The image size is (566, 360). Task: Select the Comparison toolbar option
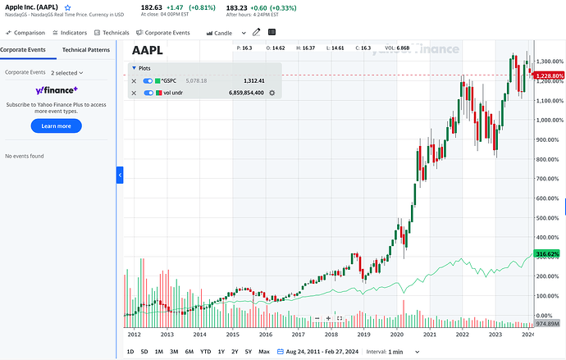pyautogui.click(x=26, y=33)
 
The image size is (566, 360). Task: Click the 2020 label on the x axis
pyautogui.click(x=396, y=335)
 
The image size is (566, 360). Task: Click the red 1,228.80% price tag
pyautogui.click(x=547, y=75)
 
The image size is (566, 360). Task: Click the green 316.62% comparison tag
pyautogui.click(x=546, y=254)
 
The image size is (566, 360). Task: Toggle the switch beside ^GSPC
pyautogui.click(x=148, y=81)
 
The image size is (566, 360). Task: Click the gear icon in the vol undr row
pyautogui.click(x=272, y=93)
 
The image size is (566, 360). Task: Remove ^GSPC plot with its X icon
pyautogui.click(x=135, y=81)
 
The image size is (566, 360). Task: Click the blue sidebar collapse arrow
pyautogui.click(x=120, y=175)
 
